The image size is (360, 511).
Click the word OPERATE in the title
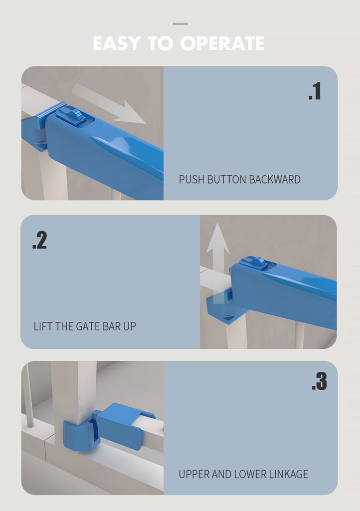click(x=222, y=43)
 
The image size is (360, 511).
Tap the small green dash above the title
click(x=180, y=24)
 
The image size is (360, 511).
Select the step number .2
click(x=40, y=241)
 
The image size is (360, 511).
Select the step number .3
click(x=319, y=381)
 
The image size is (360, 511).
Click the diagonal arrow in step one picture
click(x=108, y=104)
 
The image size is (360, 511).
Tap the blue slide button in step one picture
click(x=70, y=115)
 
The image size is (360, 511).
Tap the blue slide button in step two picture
click(x=254, y=262)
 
